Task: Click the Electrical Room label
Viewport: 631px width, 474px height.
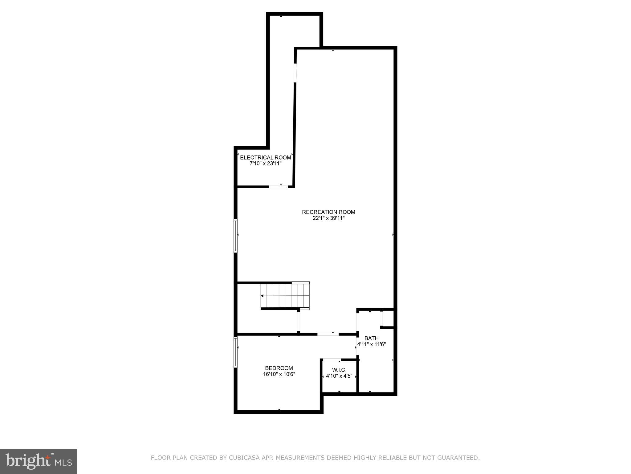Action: click(265, 157)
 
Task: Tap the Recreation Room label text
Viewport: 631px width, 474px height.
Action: click(328, 212)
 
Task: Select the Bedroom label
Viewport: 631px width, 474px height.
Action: click(279, 368)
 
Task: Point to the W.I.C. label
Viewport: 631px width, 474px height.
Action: click(339, 370)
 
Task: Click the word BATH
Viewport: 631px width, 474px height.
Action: click(371, 338)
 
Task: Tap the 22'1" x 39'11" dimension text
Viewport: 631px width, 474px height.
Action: click(328, 218)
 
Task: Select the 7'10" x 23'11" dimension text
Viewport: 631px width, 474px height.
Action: click(265, 164)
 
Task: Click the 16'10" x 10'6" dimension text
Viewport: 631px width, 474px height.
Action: click(279, 374)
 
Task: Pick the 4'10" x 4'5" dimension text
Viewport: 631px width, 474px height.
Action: click(339, 376)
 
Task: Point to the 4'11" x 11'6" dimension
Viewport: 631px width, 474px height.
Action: click(371, 344)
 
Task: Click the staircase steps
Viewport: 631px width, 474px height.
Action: click(285, 296)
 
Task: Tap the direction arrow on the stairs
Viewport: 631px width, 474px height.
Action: click(262, 296)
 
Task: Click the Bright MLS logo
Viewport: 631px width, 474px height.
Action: click(39, 461)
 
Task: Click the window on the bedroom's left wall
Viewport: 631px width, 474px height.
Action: click(236, 352)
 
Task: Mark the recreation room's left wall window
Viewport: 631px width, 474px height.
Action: click(236, 236)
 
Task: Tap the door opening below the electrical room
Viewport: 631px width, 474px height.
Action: click(279, 186)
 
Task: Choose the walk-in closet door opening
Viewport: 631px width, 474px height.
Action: click(332, 360)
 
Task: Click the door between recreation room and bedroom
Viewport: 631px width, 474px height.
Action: click(328, 334)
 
